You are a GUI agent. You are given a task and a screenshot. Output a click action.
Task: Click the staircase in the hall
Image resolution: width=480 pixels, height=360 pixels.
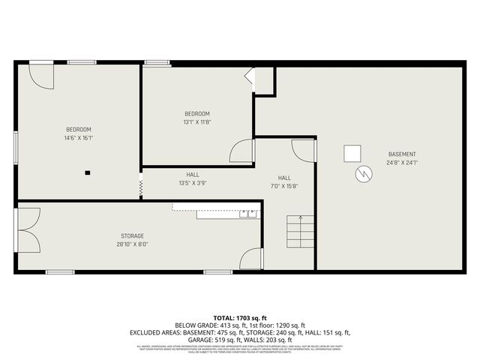[x=300, y=232]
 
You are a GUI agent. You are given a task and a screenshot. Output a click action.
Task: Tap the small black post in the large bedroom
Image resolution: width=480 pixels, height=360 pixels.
[x=88, y=172]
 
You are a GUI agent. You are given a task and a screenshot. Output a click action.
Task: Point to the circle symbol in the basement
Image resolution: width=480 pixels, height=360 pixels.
[x=363, y=174]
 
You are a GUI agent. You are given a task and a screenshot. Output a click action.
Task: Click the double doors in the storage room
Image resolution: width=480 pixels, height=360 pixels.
[x=28, y=229]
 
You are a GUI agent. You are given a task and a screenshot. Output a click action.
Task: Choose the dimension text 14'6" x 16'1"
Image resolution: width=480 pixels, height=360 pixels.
[x=79, y=138]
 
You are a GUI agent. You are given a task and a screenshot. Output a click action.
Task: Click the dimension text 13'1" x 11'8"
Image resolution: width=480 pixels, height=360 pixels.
[x=196, y=122]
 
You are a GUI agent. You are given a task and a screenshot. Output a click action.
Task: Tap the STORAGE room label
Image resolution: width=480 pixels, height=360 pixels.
[x=132, y=235]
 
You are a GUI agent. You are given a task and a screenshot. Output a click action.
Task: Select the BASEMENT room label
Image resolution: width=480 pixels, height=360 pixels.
[x=401, y=154]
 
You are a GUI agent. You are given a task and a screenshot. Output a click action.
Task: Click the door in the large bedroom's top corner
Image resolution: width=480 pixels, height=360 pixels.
[x=41, y=74]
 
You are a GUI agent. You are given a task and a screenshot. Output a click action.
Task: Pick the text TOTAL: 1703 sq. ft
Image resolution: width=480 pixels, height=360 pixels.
[x=240, y=318]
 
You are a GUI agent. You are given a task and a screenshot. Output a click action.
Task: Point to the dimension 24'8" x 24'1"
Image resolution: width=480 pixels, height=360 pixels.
[x=401, y=163]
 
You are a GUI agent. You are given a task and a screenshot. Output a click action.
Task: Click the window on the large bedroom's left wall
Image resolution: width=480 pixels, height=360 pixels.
[x=16, y=145]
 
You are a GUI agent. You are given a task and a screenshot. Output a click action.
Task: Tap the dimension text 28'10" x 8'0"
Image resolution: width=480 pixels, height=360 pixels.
[x=132, y=244]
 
